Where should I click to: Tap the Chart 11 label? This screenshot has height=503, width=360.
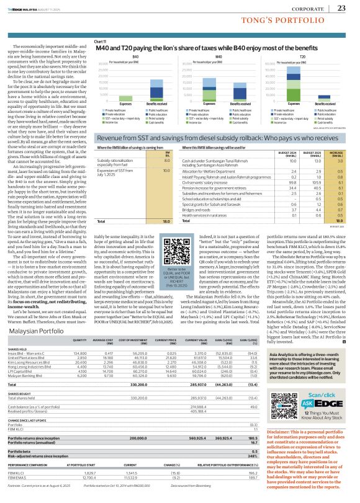[x=83, y=41]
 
